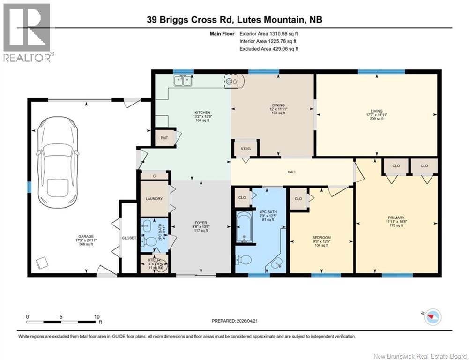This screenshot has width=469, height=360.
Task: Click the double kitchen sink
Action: [183, 82]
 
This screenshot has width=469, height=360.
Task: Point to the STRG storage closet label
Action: [246, 149]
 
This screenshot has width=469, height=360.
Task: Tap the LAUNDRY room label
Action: [154, 199]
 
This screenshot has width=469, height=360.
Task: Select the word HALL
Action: [292, 172]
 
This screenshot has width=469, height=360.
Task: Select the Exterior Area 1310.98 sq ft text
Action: [268, 34]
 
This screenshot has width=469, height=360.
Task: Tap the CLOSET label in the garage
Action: [129, 238]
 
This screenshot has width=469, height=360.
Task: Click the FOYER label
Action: [201, 223]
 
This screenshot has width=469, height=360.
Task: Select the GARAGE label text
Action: [86, 236]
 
